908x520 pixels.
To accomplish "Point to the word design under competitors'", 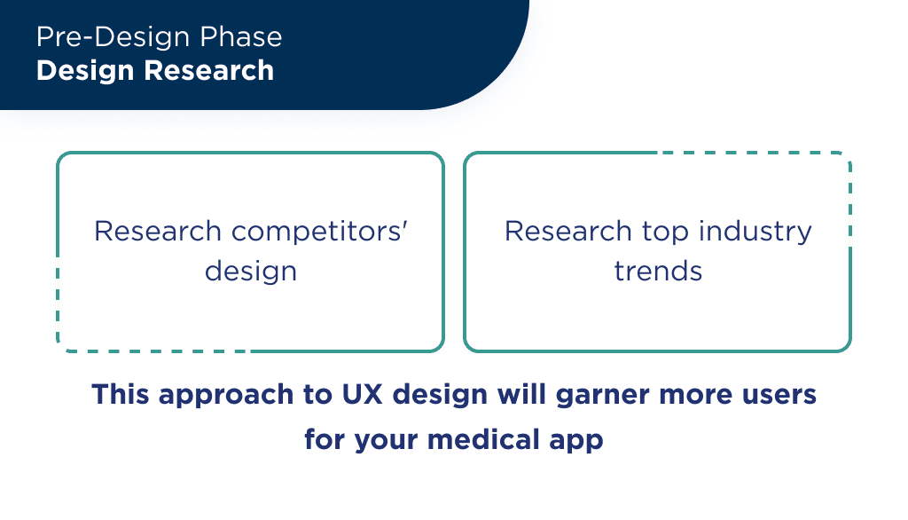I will tap(250, 271).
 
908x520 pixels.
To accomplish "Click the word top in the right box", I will tap(666, 232).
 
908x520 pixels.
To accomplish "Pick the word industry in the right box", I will tap(755, 232).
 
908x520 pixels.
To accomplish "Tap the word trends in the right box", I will tap(658, 271).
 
